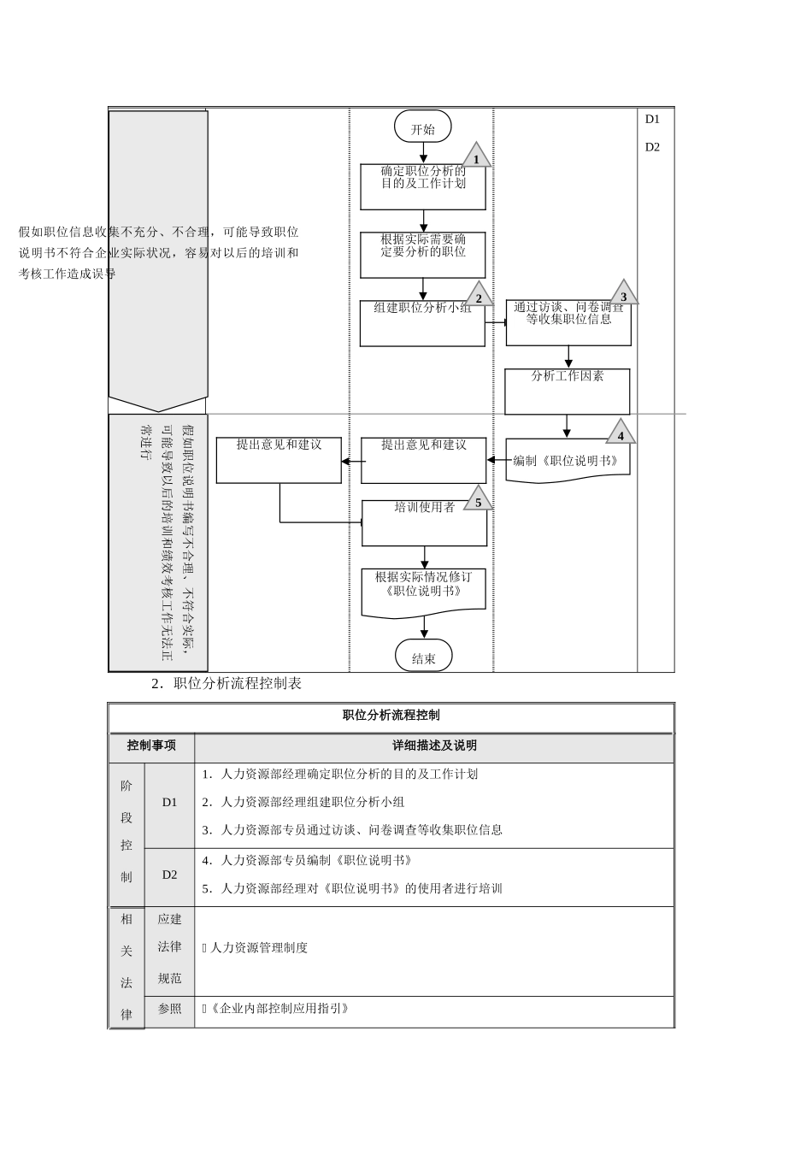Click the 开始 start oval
(422, 128)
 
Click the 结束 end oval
(423, 657)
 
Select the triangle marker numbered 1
(476, 157)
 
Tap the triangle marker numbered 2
(479, 296)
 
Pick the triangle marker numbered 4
(621, 433)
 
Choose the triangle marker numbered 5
(478, 500)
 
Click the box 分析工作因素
(568, 391)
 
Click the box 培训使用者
(424, 522)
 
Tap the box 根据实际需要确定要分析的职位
(423, 254)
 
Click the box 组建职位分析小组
(422, 322)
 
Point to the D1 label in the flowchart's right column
(652, 120)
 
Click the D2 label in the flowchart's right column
(652, 147)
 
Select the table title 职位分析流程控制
(391, 716)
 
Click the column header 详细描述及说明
(434, 746)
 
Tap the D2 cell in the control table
(169, 875)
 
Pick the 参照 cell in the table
(169, 1009)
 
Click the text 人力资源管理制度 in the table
(259, 948)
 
